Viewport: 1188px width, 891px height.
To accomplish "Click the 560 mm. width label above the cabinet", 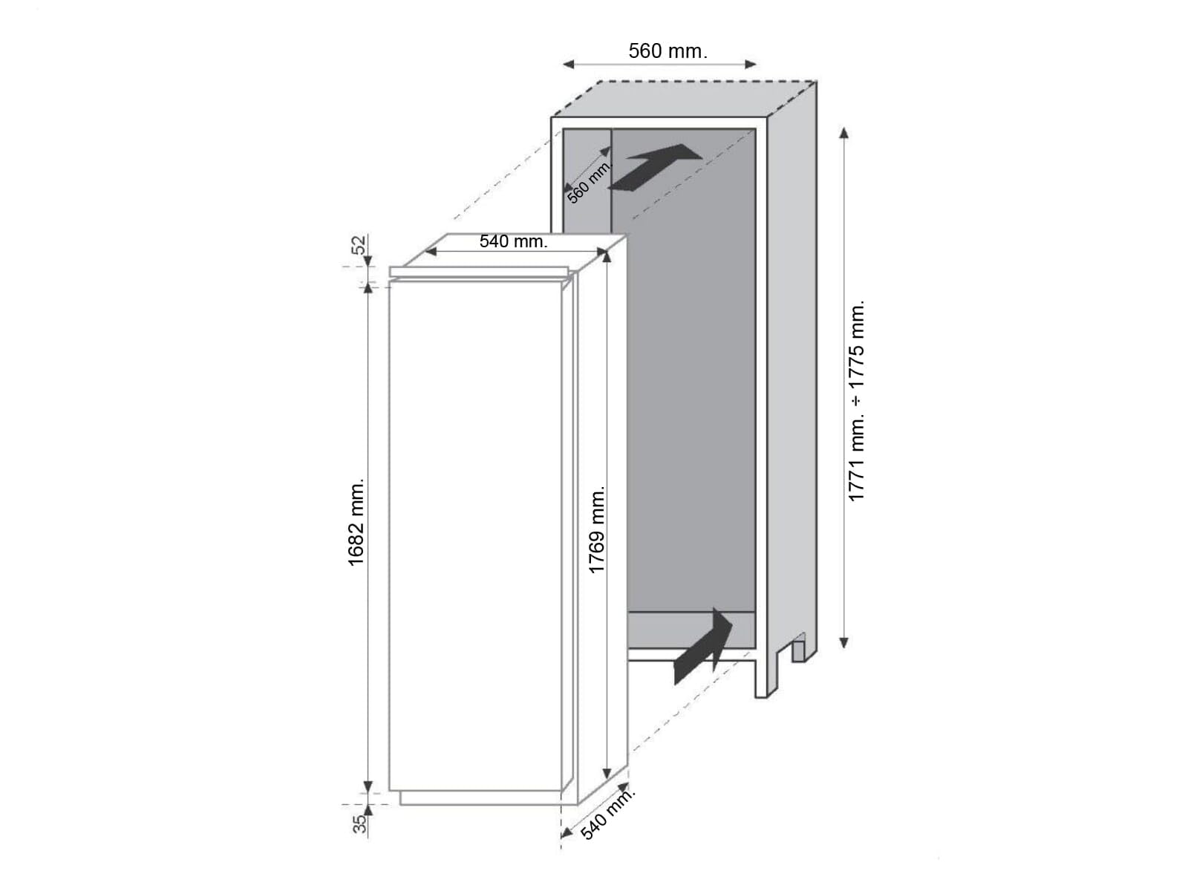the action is [x=668, y=51].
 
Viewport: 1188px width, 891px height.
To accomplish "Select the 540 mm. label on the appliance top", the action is [x=513, y=241].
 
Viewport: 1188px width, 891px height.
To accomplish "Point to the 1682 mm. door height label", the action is [x=356, y=522].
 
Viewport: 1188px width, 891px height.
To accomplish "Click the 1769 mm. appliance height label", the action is [x=596, y=529].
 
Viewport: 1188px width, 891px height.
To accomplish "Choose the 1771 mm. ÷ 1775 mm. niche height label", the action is [x=856, y=401].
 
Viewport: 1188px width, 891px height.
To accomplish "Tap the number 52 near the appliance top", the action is [x=359, y=244].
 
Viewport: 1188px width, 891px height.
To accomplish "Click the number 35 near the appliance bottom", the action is [x=359, y=824].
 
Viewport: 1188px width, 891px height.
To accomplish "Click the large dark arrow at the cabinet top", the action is [x=654, y=166].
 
